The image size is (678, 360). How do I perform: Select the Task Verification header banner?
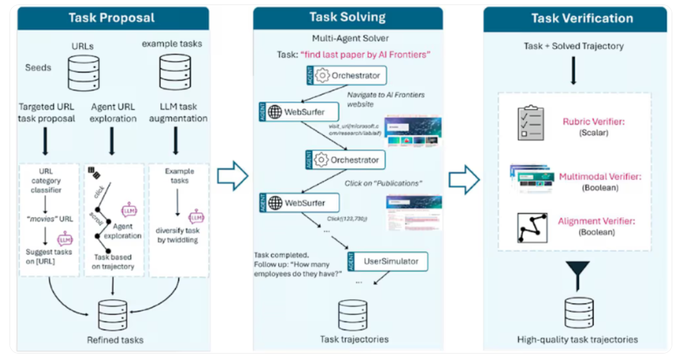574,18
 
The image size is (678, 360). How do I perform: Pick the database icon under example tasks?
176,72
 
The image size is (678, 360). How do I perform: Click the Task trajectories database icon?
352,312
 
